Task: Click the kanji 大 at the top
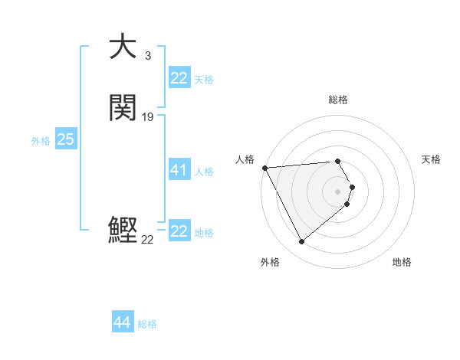tap(123, 47)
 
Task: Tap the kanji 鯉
tap(123, 230)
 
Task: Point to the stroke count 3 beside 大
tap(147, 56)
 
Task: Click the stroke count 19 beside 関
tap(148, 117)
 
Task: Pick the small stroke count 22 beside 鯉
tap(147, 240)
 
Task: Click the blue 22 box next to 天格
tap(179, 78)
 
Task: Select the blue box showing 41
tap(179, 170)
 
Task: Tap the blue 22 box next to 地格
tap(179, 231)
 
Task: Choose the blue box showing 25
tap(65, 139)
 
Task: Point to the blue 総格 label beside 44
tap(147, 324)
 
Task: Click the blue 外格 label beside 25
tap(41, 141)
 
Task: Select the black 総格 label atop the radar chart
tap(338, 100)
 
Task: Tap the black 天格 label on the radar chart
tap(432, 159)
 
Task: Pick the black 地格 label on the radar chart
tap(402, 262)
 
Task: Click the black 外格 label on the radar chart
tap(270, 262)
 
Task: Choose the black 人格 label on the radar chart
tap(245, 159)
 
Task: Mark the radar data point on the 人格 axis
tap(264, 168)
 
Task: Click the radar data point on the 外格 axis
tap(302, 242)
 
